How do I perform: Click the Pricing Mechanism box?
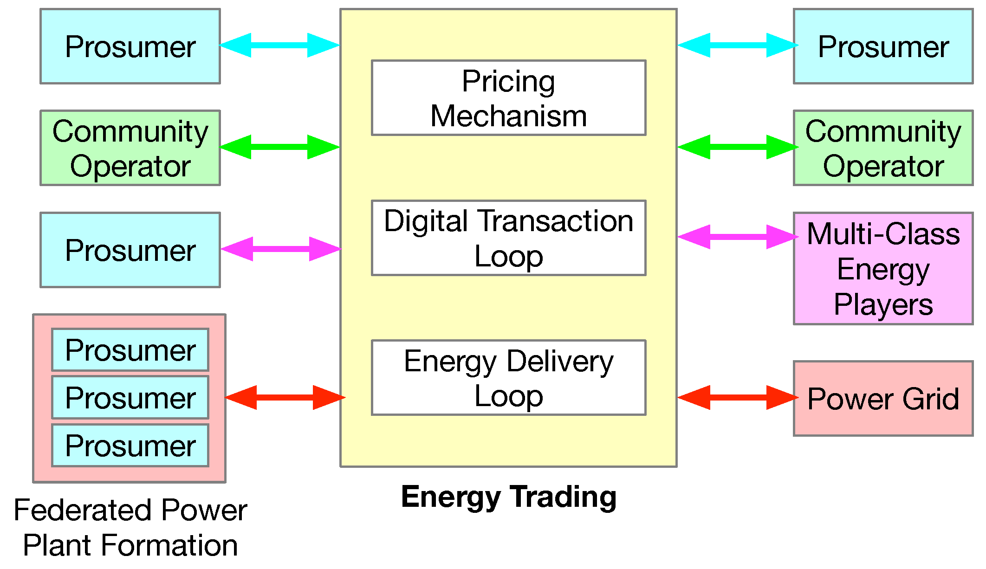(508, 98)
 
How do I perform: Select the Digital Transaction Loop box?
(508, 238)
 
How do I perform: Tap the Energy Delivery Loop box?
(508, 378)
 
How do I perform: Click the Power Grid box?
(883, 399)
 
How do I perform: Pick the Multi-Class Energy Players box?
(883, 269)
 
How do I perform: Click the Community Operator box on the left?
(130, 148)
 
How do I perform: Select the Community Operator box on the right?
(883, 148)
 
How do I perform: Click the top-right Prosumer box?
(883, 46)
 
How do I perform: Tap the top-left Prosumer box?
(130, 46)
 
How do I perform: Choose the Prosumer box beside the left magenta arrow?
(130, 250)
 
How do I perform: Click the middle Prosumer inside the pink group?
(130, 398)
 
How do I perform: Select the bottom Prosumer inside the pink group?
(130, 446)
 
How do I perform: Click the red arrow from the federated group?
(285, 397)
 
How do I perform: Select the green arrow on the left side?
(279, 147)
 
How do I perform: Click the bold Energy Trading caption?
(509, 497)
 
